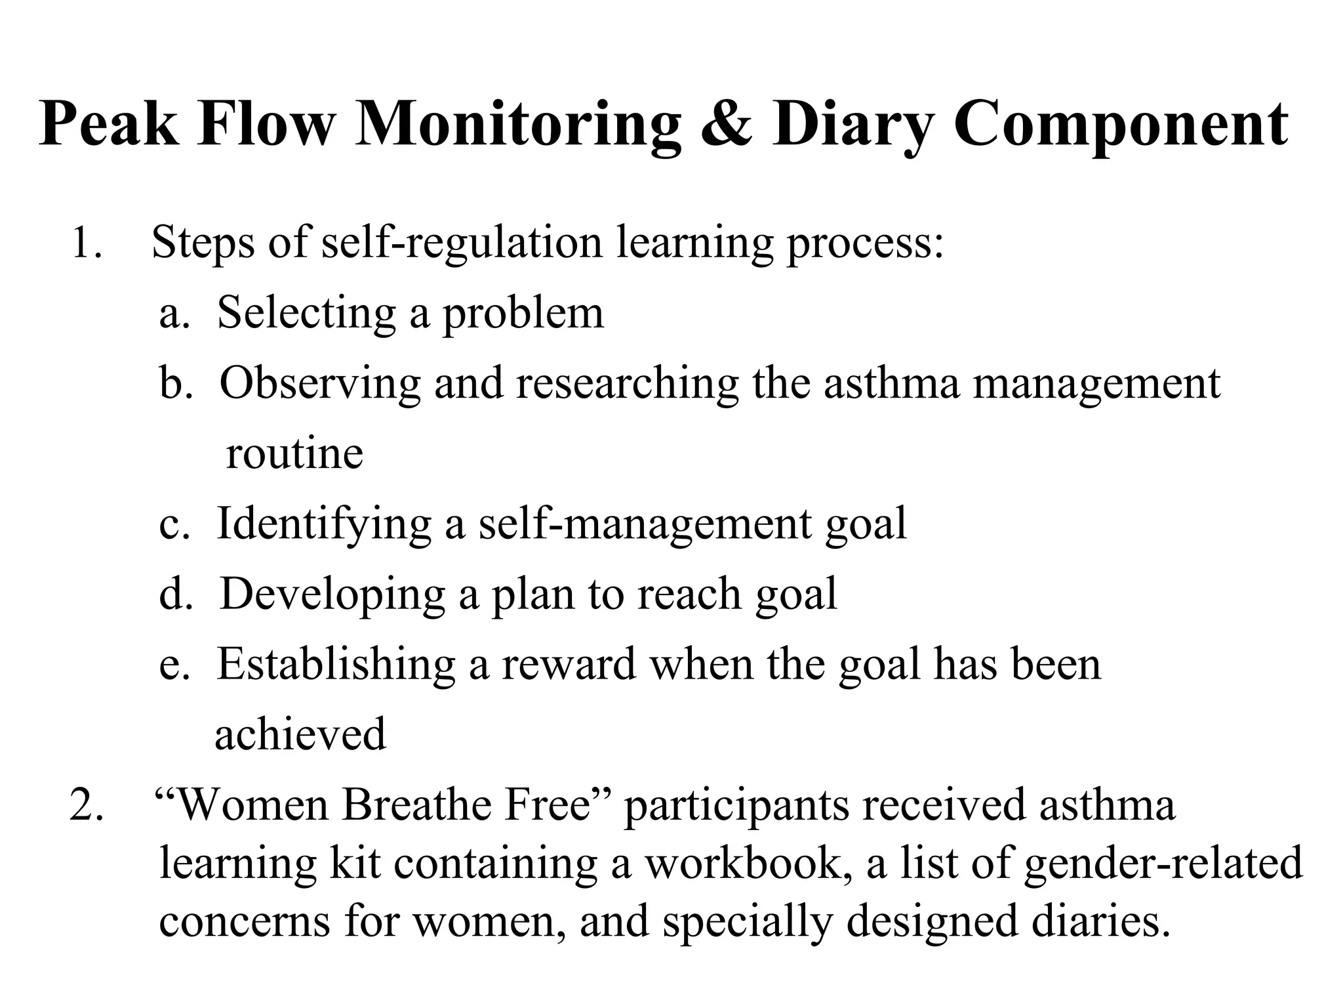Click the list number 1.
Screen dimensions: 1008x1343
pyautogui.click(x=85, y=243)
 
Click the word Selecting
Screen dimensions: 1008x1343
pyautogui.click(x=307, y=314)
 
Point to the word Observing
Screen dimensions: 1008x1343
pyautogui.click(x=319, y=383)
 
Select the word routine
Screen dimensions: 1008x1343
pyautogui.click(x=294, y=454)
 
